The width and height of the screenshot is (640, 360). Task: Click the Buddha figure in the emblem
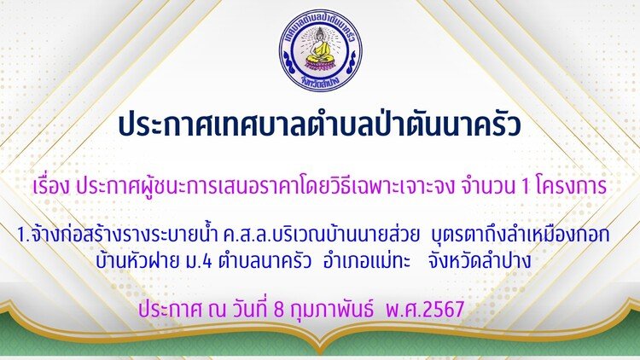click(x=320, y=46)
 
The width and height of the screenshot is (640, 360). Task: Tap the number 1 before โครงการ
click(x=526, y=187)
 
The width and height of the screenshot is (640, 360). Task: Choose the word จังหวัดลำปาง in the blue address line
click(x=480, y=261)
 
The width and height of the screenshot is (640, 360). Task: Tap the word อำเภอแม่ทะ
click(x=367, y=261)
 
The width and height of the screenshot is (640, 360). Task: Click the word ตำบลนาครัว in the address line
click(x=265, y=261)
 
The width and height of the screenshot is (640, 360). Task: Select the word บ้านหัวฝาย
click(x=137, y=261)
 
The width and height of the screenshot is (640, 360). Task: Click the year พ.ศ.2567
click(x=424, y=309)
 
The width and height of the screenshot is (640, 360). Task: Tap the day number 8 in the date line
click(x=279, y=310)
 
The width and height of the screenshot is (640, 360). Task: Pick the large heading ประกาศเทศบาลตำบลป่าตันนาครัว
click(x=320, y=124)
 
